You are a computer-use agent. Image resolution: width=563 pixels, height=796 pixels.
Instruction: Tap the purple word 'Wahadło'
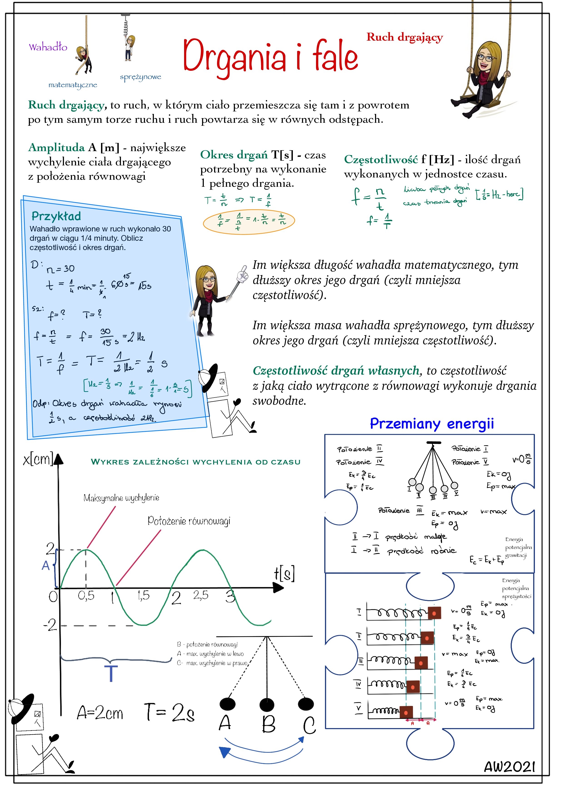[48, 47]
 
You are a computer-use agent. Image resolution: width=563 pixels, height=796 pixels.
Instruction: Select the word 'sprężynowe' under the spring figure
[141, 77]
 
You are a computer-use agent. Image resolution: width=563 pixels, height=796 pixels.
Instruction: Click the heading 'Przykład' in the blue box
[56, 216]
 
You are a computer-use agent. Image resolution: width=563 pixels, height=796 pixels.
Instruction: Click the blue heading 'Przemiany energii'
[432, 424]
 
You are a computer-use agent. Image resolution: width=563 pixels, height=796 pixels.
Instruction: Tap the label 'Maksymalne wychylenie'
[121, 498]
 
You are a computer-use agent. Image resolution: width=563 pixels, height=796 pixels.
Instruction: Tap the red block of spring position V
[406, 712]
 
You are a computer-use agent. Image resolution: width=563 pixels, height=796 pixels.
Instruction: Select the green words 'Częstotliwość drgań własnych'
[336, 371]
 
